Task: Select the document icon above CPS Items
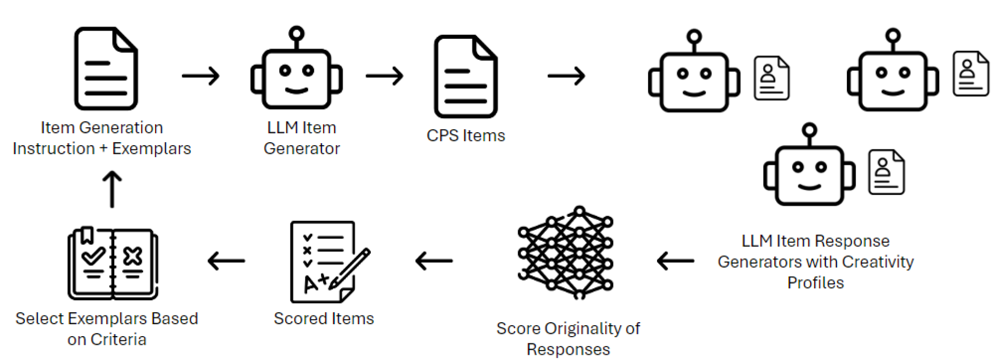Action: pos(465,76)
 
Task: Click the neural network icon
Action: pos(566,253)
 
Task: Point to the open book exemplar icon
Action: pos(113,264)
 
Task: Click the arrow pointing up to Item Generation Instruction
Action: pos(112,189)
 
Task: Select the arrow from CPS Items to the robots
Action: pos(566,76)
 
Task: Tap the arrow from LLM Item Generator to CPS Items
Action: pos(384,76)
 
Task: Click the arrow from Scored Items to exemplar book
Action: pos(226,260)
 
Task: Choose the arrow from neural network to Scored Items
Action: pos(434,260)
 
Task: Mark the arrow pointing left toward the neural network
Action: pos(675,260)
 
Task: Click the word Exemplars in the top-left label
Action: pos(151,149)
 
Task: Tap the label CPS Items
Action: pos(466,135)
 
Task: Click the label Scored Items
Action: pos(324,319)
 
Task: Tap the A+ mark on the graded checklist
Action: pos(316,283)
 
